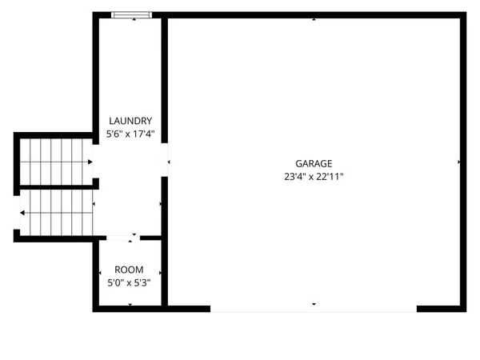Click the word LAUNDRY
[x=130, y=121]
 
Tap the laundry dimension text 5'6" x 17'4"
[x=130, y=135]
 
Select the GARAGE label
[x=314, y=163]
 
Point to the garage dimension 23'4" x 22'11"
[x=314, y=177]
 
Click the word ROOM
[x=129, y=270]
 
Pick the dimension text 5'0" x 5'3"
[x=129, y=282]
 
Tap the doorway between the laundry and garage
[x=165, y=160]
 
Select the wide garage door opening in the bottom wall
[x=314, y=309]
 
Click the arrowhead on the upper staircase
[x=90, y=162]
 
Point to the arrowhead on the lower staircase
[x=22, y=213]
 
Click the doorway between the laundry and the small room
[x=123, y=237]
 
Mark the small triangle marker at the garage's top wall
[x=314, y=18]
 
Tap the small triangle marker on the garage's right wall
[x=459, y=162]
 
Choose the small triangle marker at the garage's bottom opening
[x=314, y=304]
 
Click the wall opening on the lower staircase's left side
[x=16, y=213]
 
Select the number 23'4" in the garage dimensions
[x=294, y=177]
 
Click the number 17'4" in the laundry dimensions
[x=143, y=135]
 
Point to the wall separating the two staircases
[x=56, y=186]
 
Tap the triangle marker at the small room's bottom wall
[x=129, y=305]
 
